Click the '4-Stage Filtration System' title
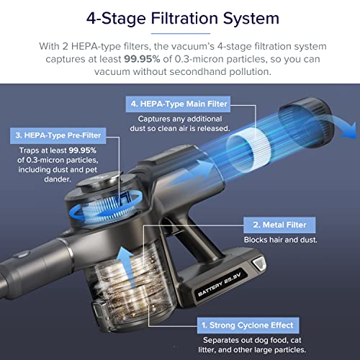pos(183,19)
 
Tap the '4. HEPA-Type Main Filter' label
pos(178,104)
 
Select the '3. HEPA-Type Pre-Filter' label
pos(58,135)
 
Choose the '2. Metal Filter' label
pos(279,225)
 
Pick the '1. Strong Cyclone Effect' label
pos(248,325)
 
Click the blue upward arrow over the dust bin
pos(125,267)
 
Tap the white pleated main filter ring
pos(248,150)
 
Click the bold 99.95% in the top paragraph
pos(142,59)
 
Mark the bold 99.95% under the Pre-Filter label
pos(82,150)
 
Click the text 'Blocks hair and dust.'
pos(280,240)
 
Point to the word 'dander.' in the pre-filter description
pos(58,179)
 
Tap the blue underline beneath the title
pos(181,34)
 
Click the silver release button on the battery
pos(258,263)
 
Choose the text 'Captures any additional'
pos(180,119)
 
